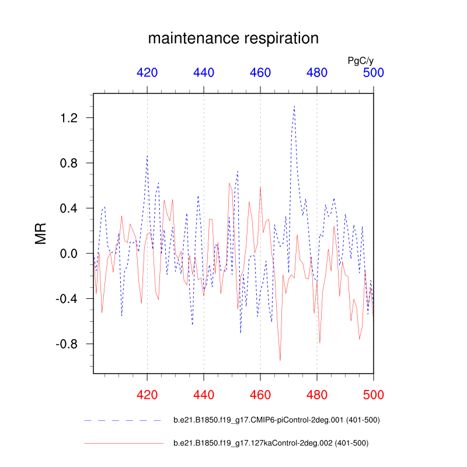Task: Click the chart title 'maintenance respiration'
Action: tap(233, 39)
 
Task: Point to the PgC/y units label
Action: tap(360, 60)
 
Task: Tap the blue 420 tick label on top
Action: tap(147, 72)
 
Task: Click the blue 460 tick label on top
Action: tap(260, 72)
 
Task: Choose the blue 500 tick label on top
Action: tap(374, 72)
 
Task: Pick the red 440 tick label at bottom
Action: tap(204, 394)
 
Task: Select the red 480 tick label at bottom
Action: tap(317, 394)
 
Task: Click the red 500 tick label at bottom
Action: tap(374, 394)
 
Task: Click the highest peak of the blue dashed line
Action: tap(294, 106)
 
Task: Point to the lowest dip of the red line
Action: tap(280, 360)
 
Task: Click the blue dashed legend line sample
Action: tap(123, 420)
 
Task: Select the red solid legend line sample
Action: tap(123, 444)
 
